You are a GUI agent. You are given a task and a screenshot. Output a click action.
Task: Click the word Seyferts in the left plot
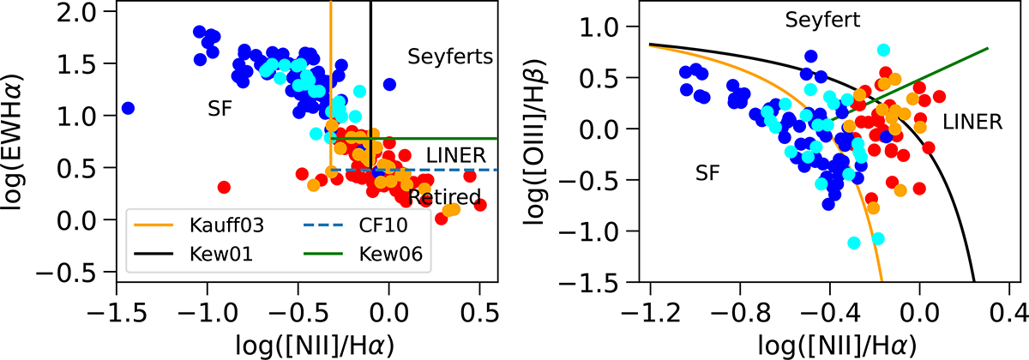click(449, 58)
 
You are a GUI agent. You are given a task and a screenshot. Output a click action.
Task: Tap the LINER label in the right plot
click(972, 123)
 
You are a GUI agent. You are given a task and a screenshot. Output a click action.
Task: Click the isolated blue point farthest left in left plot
click(128, 108)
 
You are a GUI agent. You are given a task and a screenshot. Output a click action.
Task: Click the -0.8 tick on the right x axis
click(739, 301)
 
